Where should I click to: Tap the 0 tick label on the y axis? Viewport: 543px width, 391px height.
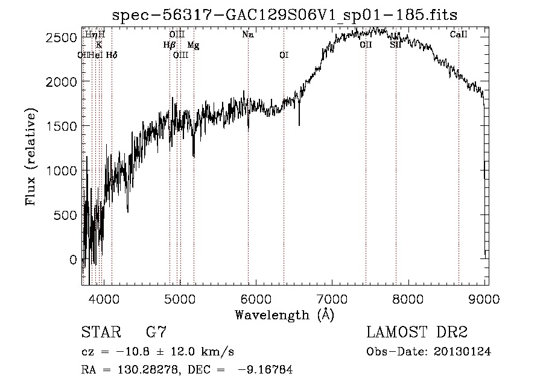pyautogui.click(x=74, y=260)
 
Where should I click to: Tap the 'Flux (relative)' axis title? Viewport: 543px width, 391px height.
pyautogui.click(x=30, y=157)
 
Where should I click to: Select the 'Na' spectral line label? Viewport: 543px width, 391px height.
pyautogui.click(x=248, y=35)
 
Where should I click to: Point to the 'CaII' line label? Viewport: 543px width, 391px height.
pyautogui.click(x=459, y=35)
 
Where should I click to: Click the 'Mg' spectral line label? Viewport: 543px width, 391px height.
pyautogui.click(x=193, y=45)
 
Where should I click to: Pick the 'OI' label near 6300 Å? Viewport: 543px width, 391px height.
pyautogui.click(x=284, y=55)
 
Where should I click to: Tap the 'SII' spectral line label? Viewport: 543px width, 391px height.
pyautogui.click(x=396, y=45)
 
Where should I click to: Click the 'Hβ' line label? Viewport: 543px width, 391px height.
pyautogui.click(x=169, y=45)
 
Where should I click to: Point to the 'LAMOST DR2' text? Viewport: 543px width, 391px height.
pyautogui.click(x=416, y=333)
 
